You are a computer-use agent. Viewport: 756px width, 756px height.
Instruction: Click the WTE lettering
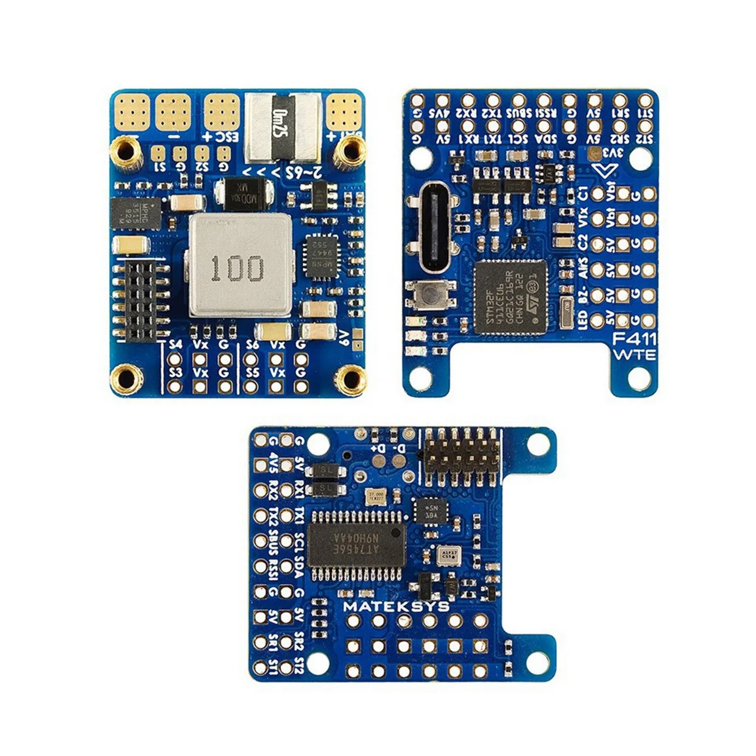pos(634,354)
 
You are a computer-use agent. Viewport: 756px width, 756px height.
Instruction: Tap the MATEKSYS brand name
pos(396,607)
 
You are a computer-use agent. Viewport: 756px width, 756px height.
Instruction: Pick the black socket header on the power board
pos(142,299)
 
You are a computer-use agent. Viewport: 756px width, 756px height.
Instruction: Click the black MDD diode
pos(244,190)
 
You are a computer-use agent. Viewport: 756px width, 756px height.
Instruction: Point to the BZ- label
pos(582,295)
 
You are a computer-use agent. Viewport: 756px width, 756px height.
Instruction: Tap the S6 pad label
pos(253,345)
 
